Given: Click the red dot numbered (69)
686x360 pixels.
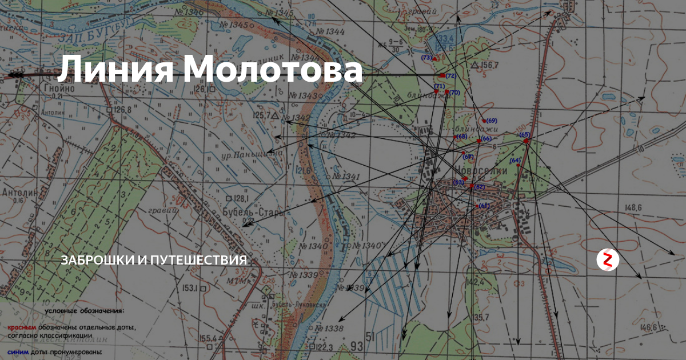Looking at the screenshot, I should [x=484, y=121].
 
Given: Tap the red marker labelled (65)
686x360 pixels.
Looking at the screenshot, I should [x=526, y=141].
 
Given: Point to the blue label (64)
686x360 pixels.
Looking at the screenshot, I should [x=514, y=161].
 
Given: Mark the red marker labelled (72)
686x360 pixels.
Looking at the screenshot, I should [x=442, y=75].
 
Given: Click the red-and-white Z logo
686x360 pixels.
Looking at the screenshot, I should [x=608, y=260].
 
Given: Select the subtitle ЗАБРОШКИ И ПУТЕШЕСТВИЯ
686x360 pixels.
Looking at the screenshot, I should [x=154, y=260].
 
